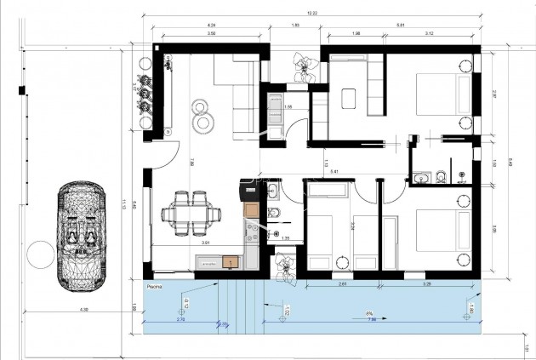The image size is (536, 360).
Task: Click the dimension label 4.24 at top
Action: (209, 25)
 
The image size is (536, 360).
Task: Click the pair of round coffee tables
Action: (202, 116)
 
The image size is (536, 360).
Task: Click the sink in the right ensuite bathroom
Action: (421, 177)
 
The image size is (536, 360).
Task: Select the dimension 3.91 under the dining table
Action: (204, 243)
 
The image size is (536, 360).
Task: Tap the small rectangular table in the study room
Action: (349, 99)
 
